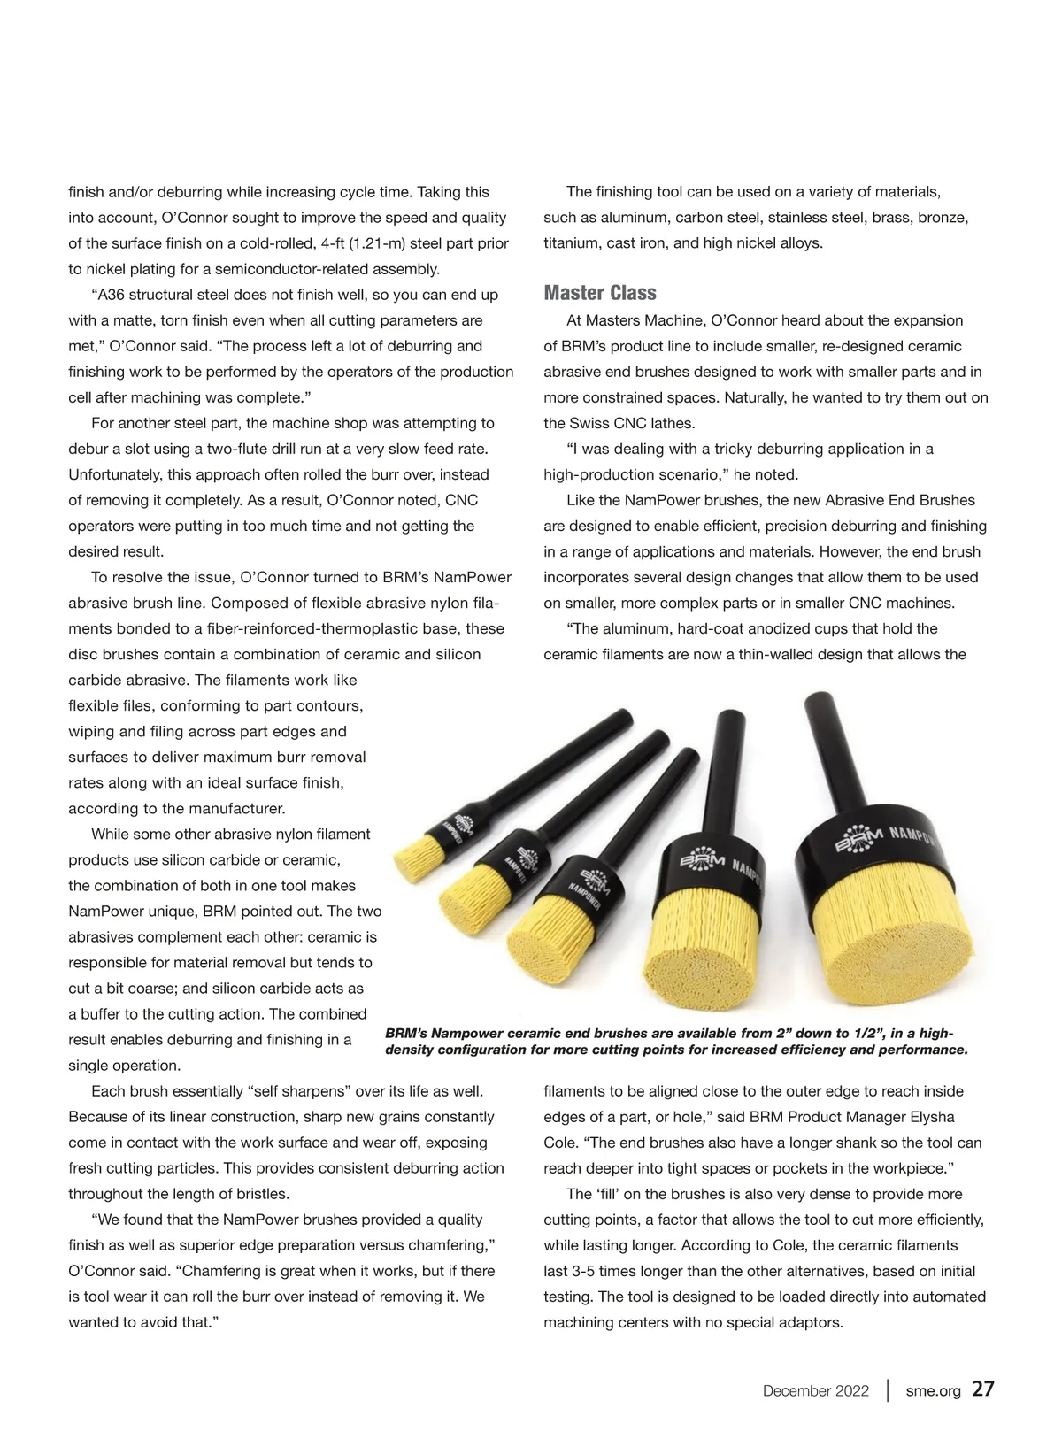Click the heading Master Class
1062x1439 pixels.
(x=600, y=293)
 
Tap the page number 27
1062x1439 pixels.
(x=983, y=1389)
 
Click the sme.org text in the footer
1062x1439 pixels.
(x=933, y=1390)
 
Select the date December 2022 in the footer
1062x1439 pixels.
(x=815, y=1390)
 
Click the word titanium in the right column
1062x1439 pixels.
(x=571, y=243)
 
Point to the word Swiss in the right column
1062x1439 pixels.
(x=587, y=423)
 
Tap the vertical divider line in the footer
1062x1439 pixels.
(x=887, y=1389)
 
